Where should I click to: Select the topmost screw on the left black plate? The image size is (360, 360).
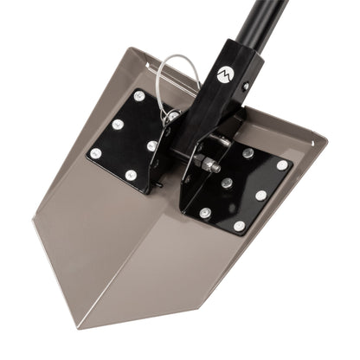tap(139, 96)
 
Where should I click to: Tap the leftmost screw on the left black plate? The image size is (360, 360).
tap(96, 153)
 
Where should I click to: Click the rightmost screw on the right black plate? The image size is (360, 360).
tap(282, 164)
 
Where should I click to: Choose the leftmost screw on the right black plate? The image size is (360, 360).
tap(204, 212)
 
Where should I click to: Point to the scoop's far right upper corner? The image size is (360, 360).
tap(327, 136)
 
